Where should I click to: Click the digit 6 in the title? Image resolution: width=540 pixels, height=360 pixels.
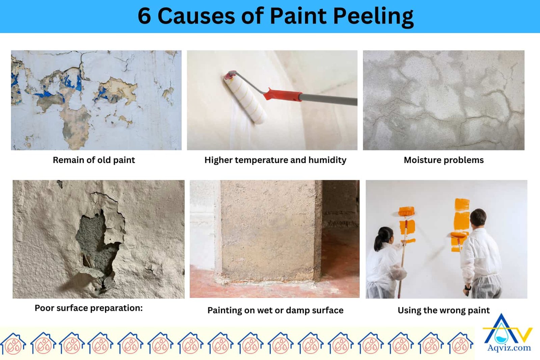pyautogui.click(x=144, y=16)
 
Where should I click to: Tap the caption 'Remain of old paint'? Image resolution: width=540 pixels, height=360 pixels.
pyautogui.click(x=94, y=160)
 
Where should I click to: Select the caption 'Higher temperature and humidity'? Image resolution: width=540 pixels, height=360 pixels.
pyautogui.click(x=275, y=160)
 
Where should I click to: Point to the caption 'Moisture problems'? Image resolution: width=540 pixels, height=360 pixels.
pyautogui.click(x=443, y=160)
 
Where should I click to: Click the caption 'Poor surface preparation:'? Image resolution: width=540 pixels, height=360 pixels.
pyautogui.click(x=88, y=308)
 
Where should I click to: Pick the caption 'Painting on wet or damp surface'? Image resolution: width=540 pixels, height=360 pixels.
pyautogui.click(x=275, y=310)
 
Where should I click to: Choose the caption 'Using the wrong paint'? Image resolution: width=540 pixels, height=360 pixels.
pyautogui.click(x=443, y=310)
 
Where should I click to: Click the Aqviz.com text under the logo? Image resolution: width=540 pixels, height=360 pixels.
pyautogui.click(x=509, y=348)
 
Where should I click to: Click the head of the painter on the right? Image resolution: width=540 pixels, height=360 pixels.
pyautogui.click(x=478, y=218)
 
